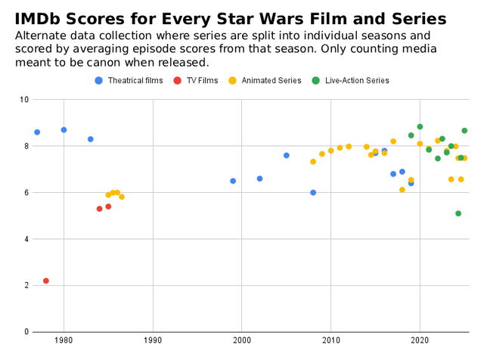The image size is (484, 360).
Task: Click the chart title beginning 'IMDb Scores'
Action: click(230, 18)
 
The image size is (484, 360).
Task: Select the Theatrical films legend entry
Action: click(129, 81)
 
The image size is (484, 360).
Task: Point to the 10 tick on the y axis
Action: click(24, 100)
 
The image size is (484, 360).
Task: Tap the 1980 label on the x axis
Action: click(64, 341)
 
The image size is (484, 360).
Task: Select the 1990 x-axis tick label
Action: click(153, 341)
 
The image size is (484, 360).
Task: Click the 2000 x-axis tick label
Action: click(242, 341)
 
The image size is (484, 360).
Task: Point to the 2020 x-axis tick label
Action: click(420, 341)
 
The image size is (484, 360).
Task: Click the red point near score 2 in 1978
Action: click(46, 281)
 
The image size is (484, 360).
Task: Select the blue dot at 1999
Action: click(233, 181)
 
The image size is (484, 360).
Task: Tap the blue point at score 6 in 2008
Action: click(313, 193)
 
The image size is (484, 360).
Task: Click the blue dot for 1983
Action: click(91, 139)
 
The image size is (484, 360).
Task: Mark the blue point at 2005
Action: click(287, 155)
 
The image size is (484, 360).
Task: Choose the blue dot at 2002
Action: click(259, 178)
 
